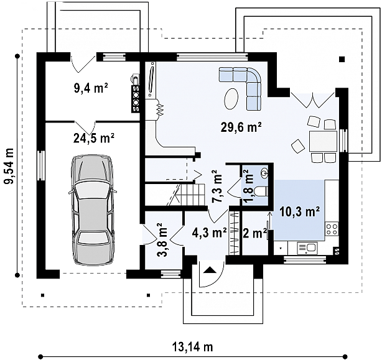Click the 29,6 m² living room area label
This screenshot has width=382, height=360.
(x=241, y=127)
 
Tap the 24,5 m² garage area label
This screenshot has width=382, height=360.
(x=94, y=139)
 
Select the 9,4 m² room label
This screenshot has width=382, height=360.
(x=91, y=88)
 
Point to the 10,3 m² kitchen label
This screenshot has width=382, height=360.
(x=300, y=212)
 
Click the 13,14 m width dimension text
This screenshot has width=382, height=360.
(x=193, y=346)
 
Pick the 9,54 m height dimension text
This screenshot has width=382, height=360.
(x=10, y=166)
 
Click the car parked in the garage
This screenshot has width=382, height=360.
(x=93, y=210)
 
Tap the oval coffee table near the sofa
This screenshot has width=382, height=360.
(x=231, y=99)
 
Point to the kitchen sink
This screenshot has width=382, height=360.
(x=307, y=248)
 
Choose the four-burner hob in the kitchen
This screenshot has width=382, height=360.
(x=332, y=229)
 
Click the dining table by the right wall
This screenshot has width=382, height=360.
(x=323, y=141)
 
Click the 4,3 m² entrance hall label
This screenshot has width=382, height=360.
(x=209, y=233)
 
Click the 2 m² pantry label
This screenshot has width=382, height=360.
(x=254, y=234)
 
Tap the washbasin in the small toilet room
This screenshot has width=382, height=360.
(x=264, y=173)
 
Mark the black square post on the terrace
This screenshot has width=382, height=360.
(x=342, y=59)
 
